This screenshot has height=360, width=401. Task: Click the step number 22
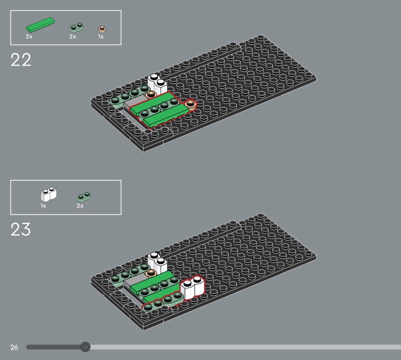coord(21,60)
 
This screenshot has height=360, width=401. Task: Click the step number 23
coord(21,229)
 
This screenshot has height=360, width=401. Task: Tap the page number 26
coord(15,347)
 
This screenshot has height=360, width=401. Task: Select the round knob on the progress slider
coord(85,347)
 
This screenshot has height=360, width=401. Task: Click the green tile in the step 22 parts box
coord(41,25)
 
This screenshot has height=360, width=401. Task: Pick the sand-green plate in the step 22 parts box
coord(77,28)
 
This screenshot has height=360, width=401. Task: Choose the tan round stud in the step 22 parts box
coord(102,29)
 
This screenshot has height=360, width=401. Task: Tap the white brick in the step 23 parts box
coord(49,194)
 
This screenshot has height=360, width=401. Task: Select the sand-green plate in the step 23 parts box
coord(84,197)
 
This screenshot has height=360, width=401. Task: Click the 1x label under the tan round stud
coord(101,37)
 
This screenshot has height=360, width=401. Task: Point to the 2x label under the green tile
coord(29,37)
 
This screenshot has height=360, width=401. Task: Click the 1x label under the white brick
coord(43,206)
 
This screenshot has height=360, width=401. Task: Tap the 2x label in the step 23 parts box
coord(80,206)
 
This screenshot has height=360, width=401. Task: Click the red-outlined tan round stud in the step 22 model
coord(190,104)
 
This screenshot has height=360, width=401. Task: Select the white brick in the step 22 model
coord(157,84)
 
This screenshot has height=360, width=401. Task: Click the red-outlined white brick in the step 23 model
coord(192,288)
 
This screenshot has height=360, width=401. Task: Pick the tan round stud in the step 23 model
coord(151,274)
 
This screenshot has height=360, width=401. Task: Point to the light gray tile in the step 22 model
coord(134,102)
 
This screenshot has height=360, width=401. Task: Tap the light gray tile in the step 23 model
coord(134,281)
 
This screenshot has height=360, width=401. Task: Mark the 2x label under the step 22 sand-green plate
coord(73,37)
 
